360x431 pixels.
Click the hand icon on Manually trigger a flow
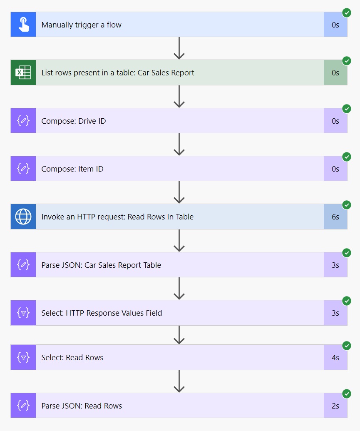coord(23,25)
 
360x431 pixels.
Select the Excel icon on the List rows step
coord(23,73)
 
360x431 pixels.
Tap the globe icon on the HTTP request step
coord(23,217)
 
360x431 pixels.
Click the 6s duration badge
coord(335,217)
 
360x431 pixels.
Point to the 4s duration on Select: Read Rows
coord(335,357)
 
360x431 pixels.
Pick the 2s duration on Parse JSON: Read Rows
coord(335,406)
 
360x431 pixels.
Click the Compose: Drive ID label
coord(74,121)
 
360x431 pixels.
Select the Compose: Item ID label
coord(72,169)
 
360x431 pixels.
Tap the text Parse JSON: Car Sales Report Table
coord(101,265)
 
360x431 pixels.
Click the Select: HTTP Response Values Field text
coord(102,313)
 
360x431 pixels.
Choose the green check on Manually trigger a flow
coord(347,13)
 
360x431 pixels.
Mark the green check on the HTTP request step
coord(347,205)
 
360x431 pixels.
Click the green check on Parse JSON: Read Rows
coord(347,394)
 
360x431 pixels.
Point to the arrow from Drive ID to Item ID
coord(179,144)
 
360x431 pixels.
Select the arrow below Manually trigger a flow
coord(179,48)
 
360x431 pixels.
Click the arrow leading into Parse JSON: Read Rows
coord(179,381)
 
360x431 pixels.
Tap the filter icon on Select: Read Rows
coord(23,357)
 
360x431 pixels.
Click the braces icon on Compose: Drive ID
coord(23,121)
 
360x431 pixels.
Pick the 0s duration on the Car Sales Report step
coord(335,73)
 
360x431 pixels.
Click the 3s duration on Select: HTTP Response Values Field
coord(335,313)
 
